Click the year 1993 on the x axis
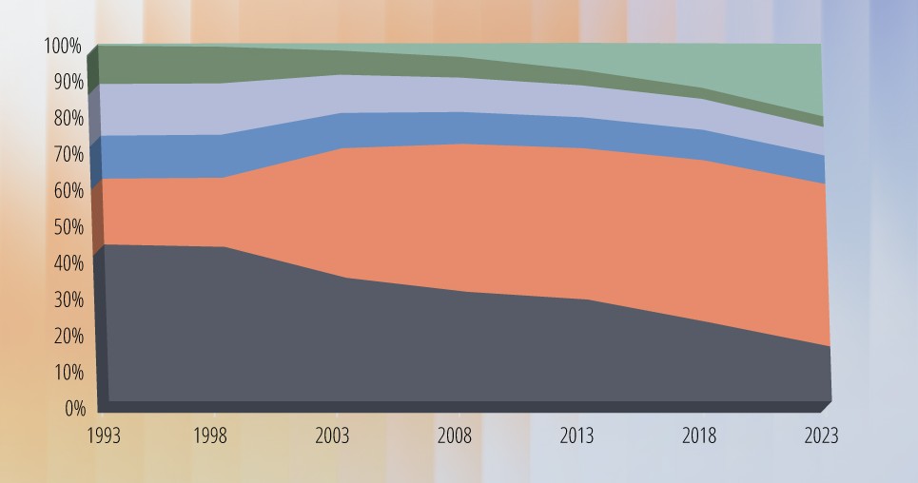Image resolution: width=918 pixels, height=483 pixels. coord(104,435)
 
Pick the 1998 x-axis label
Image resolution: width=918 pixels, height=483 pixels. coord(211,435)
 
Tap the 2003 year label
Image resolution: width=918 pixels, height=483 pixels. coord(331,435)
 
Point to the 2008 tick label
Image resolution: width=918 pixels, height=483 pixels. coord(455,435)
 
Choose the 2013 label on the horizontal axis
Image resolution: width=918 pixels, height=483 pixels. coord(576,435)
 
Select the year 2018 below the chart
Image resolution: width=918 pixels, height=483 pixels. coord(699,435)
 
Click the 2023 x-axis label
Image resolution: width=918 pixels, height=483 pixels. coord(820,435)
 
